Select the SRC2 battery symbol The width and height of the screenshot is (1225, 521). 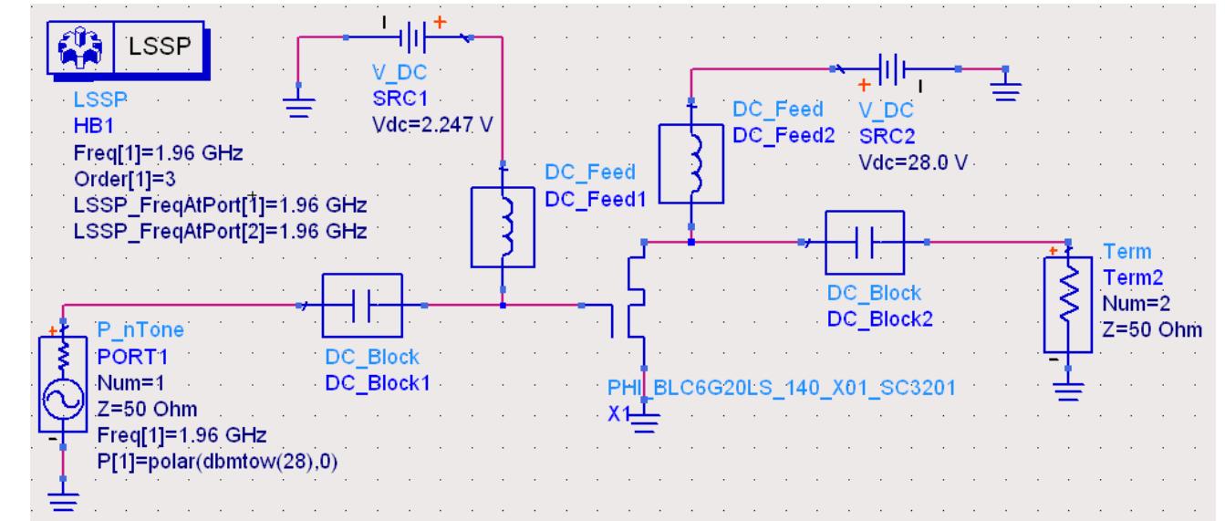[893, 68]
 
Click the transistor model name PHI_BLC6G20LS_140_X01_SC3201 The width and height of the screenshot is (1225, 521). [779, 387]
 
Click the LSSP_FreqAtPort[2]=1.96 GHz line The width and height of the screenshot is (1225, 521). [220, 231]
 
